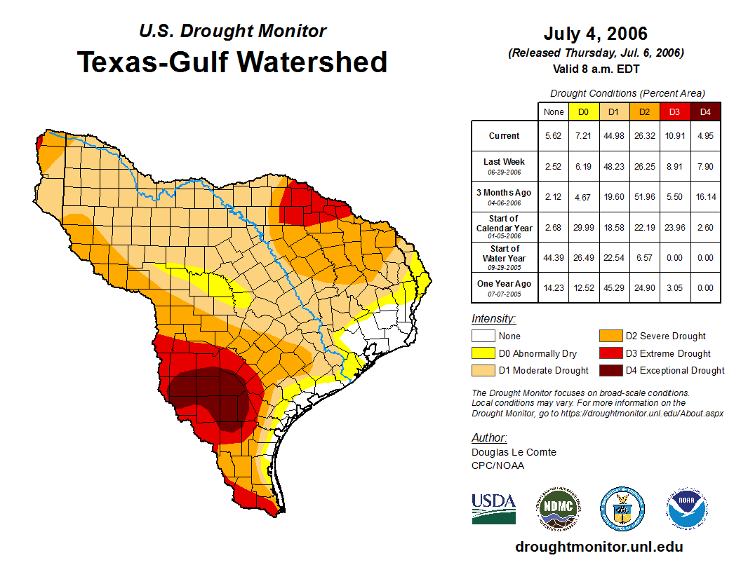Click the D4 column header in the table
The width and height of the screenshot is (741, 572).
pyautogui.click(x=705, y=111)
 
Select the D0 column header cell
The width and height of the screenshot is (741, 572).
pyautogui.click(x=583, y=111)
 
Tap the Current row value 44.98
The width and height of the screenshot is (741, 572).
pyautogui.click(x=613, y=136)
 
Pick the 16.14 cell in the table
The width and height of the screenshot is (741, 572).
pyautogui.click(x=705, y=197)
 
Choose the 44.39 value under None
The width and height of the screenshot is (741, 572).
pyautogui.click(x=554, y=257)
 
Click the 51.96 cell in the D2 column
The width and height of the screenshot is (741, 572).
pyautogui.click(x=643, y=197)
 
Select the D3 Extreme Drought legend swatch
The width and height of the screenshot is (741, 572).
pyautogui.click(x=609, y=353)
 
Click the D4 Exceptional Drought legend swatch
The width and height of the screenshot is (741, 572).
pyautogui.click(x=609, y=370)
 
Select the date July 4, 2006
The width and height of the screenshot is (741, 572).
pyautogui.click(x=595, y=34)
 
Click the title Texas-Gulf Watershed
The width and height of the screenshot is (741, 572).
pyautogui.click(x=232, y=62)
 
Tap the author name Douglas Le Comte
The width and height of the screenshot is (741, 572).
pyautogui.click(x=514, y=452)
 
